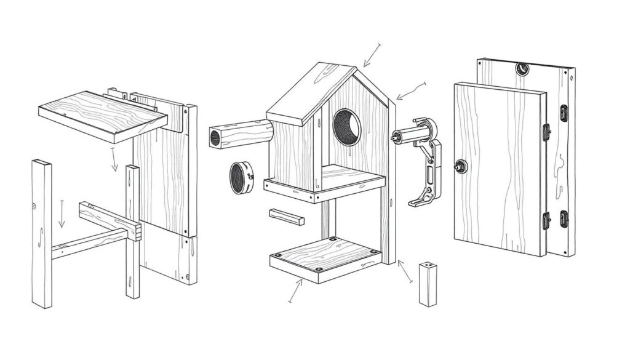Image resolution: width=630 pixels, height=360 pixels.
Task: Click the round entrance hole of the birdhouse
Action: pos(347,127)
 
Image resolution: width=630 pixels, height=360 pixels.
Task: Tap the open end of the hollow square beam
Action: pos(215,137)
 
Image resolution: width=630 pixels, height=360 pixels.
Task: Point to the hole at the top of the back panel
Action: pos(523,68)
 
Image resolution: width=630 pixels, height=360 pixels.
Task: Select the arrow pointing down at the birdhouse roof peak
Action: pos(371,55)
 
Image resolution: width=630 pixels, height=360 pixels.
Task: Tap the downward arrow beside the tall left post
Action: pos(62,214)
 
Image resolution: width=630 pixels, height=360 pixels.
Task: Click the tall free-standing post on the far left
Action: pos(41,234)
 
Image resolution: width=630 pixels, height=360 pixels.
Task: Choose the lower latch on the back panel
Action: pos(563,218)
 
